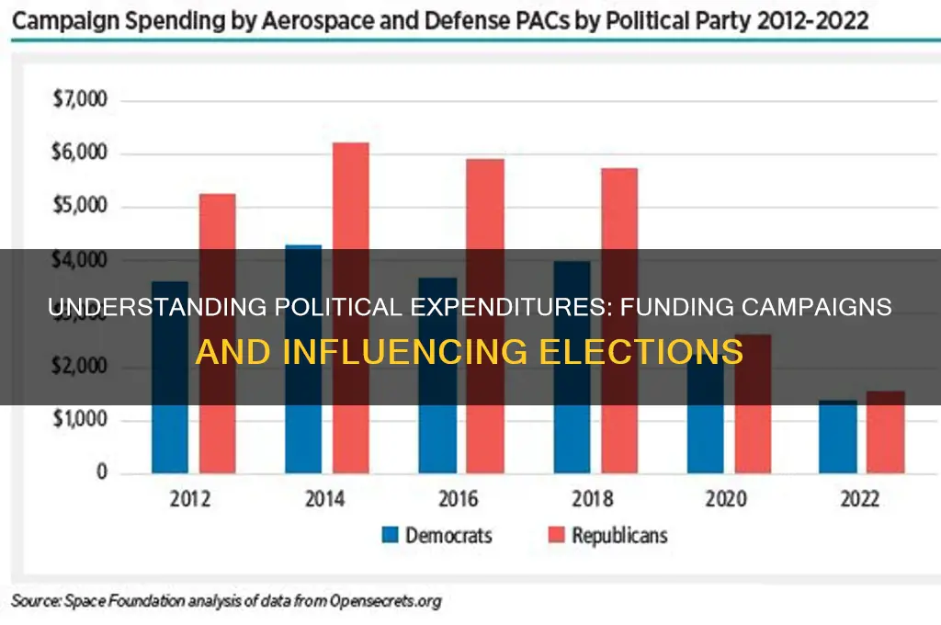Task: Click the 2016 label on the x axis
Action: coord(459,500)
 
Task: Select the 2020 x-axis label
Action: coord(725,500)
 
